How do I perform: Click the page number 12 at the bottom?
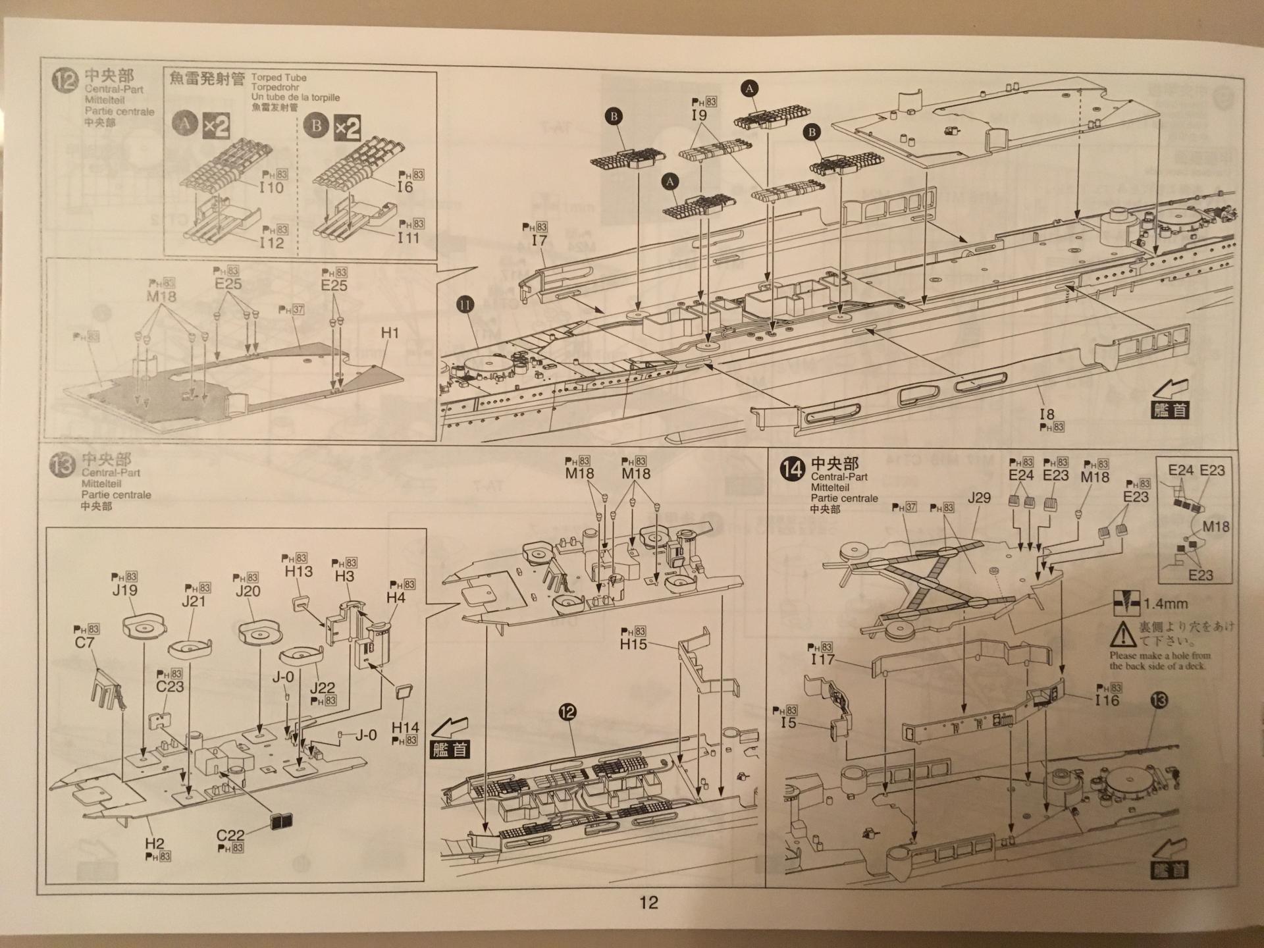click(648, 902)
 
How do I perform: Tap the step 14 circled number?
click(792, 469)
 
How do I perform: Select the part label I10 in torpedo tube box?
click(271, 188)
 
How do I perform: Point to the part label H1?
click(390, 333)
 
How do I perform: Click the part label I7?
click(539, 240)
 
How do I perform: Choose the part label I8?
click(1047, 414)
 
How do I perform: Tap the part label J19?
click(124, 590)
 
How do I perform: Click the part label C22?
click(230, 835)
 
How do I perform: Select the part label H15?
click(633, 645)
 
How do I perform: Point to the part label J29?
click(979, 498)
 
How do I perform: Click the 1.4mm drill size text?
click(1166, 604)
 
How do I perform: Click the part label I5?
click(788, 723)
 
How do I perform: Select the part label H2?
click(154, 843)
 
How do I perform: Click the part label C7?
click(84, 642)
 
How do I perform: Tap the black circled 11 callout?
click(465, 305)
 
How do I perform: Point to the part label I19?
click(698, 115)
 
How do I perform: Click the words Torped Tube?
click(278, 78)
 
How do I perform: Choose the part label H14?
click(405, 727)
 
